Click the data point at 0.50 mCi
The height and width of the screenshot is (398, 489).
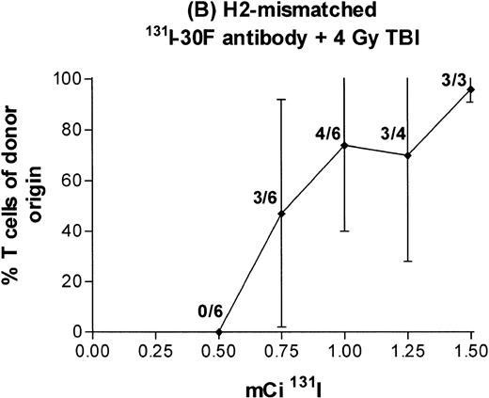tap(218, 331)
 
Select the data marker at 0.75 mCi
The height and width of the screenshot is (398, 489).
tap(281, 214)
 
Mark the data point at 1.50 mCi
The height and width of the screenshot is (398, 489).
tap(470, 89)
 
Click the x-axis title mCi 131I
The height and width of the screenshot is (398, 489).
tap(281, 383)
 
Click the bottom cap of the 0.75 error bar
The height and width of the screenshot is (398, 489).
tap(281, 326)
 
